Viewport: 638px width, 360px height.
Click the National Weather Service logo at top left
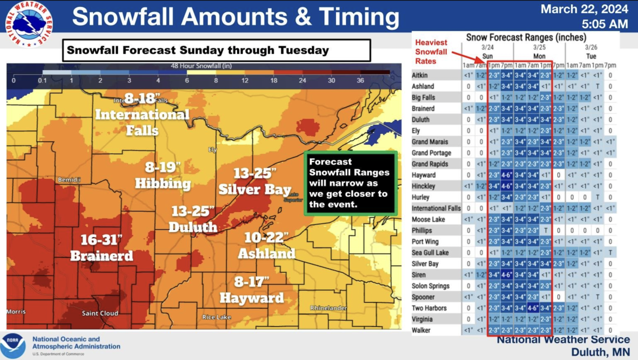(29, 23)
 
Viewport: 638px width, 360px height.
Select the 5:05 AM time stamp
(605, 24)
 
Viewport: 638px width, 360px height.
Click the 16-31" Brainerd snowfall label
(102, 248)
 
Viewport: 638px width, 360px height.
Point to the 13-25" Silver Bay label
(255, 181)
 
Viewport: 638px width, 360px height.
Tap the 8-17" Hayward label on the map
(251, 290)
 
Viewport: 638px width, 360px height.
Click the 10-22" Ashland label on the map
(266, 246)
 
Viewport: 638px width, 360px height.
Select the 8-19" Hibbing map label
(163, 176)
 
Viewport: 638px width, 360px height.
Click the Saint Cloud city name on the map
(100, 313)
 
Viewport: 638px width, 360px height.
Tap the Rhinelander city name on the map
(329, 308)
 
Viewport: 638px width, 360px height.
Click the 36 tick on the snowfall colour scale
(360, 80)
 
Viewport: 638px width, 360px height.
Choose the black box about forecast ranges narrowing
(350, 183)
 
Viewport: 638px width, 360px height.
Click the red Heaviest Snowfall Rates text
(431, 52)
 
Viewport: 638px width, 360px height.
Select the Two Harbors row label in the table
(430, 308)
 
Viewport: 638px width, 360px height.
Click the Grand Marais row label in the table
(430, 142)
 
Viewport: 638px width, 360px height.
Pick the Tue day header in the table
(591, 56)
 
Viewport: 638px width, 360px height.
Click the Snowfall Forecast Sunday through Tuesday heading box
(216, 51)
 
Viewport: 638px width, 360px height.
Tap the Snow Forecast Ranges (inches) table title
(526, 38)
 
